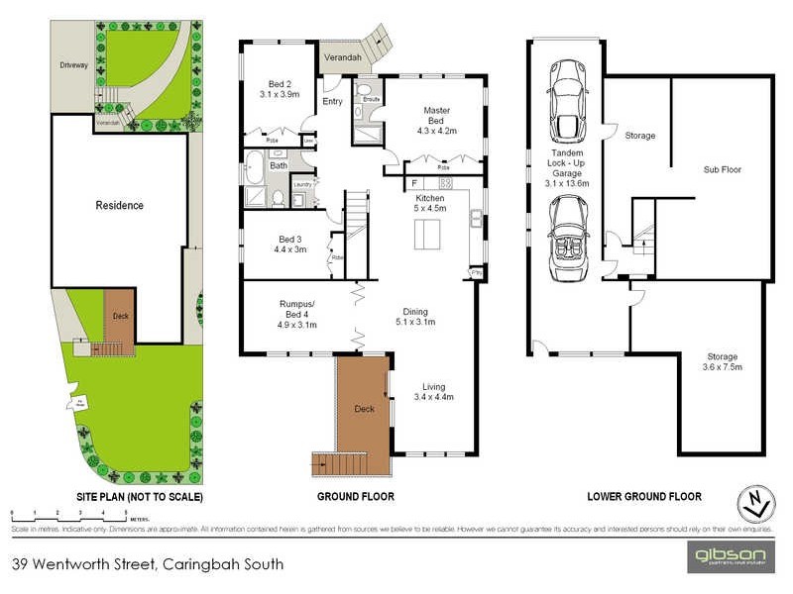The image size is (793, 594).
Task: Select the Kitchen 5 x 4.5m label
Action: [430, 203]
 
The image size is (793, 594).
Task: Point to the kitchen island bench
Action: [427, 235]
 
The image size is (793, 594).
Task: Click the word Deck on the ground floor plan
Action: [364, 407]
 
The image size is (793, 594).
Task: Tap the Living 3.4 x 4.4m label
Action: [434, 392]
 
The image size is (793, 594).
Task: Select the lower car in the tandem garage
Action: [567, 230]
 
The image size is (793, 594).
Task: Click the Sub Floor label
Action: [723, 169]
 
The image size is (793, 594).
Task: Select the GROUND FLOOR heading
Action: [356, 496]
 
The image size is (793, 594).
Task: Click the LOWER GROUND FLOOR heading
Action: [643, 496]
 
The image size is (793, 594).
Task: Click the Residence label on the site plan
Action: [119, 206]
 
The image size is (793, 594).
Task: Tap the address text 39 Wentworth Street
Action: [148, 565]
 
